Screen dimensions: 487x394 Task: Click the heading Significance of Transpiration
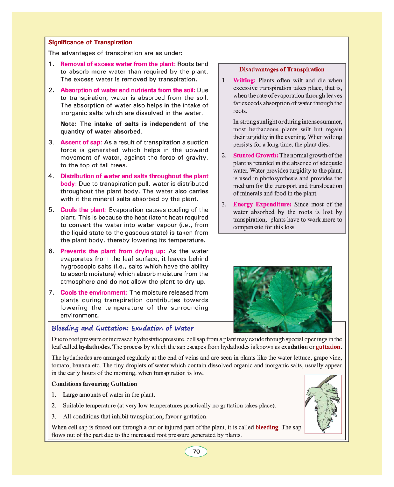point(90,42)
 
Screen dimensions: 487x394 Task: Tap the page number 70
point(196,452)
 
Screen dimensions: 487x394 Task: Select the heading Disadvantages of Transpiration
point(282,69)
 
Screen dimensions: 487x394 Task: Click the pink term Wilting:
point(244,80)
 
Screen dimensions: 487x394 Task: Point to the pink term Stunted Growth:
point(256,156)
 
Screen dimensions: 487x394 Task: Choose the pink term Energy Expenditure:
point(262,205)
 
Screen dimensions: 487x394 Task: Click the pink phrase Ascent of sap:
point(81,142)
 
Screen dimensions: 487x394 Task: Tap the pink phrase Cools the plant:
point(84,210)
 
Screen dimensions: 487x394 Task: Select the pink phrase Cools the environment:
point(94,292)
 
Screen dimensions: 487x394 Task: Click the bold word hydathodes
point(94,347)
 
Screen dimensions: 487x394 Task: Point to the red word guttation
point(328,347)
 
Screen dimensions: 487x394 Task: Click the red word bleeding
point(267,427)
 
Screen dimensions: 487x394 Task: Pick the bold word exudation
point(294,347)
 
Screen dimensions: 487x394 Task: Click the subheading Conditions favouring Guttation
point(94,384)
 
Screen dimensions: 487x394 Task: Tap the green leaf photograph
point(282,299)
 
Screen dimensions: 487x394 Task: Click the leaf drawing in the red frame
point(323,404)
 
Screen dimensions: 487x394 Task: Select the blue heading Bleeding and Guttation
point(123,328)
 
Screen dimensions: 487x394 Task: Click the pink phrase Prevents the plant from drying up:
point(113,251)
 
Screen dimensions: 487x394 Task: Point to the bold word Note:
point(69,124)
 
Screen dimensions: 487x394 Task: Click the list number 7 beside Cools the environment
point(51,292)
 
